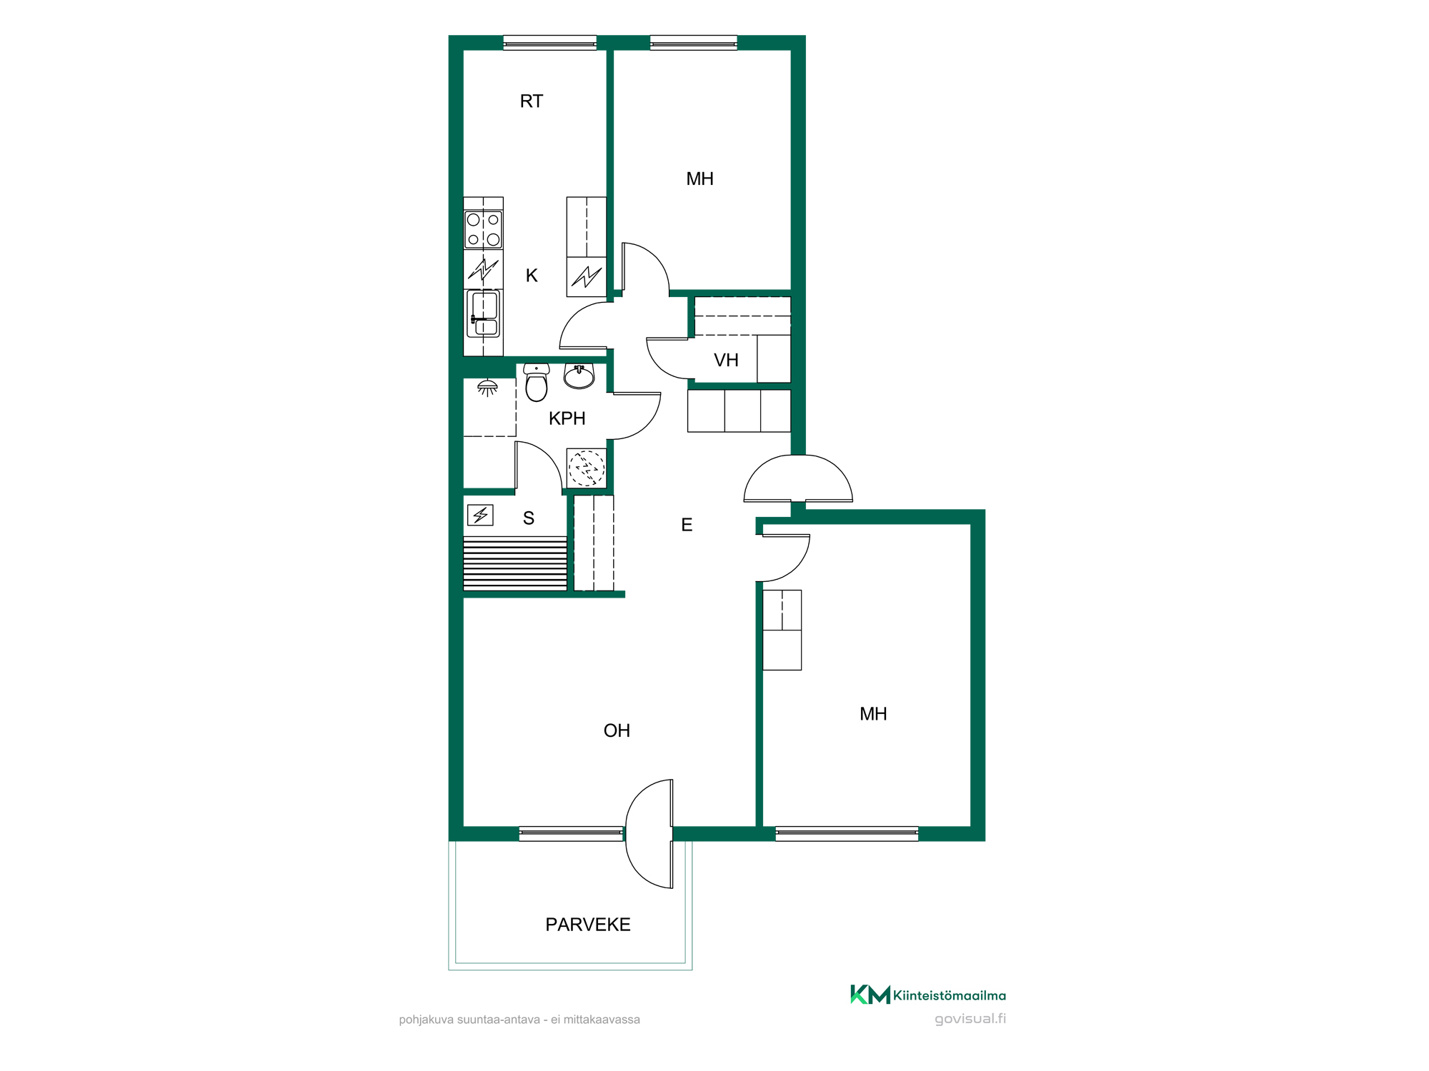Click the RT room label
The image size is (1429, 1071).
point(531,101)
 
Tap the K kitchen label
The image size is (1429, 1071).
point(532,276)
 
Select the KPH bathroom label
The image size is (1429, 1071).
point(567,418)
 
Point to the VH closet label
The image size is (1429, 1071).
point(726,360)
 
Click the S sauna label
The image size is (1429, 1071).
point(529,518)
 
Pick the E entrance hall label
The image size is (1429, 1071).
point(687,525)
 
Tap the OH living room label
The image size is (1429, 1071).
point(617,730)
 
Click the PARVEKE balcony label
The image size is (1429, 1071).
point(587,925)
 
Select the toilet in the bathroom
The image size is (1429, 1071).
point(537,382)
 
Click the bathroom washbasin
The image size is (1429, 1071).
point(579,376)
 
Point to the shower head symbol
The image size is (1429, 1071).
point(487,388)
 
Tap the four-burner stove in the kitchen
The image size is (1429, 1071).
point(484,229)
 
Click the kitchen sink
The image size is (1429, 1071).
point(484,313)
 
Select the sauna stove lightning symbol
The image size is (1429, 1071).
point(480,515)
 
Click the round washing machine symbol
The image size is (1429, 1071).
point(587,468)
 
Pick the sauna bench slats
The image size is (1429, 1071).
point(515,563)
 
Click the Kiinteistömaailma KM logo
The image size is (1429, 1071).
point(927,995)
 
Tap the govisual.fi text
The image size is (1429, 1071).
point(970,1019)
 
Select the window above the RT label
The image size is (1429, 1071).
point(550,43)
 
